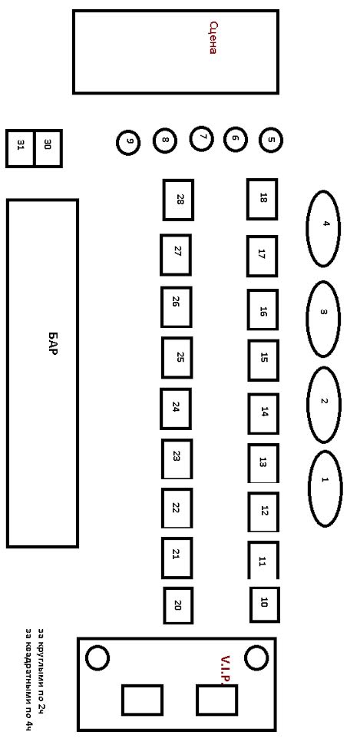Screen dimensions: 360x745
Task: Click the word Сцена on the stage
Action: pyautogui.click(x=213, y=38)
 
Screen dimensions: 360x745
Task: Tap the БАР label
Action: pyautogui.click(x=53, y=345)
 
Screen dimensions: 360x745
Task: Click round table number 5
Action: pyautogui.click(x=271, y=140)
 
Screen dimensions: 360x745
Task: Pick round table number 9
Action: pyautogui.click(x=128, y=143)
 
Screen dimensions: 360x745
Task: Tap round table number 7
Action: pyautogui.click(x=201, y=138)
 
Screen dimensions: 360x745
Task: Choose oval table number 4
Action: pyautogui.click(x=323, y=229)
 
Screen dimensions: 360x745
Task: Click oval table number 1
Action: pyautogui.click(x=325, y=488)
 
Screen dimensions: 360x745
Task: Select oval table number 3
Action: pyautogui.click(x=323, y=319)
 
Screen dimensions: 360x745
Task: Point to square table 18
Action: pyautogui.click(x=262, y=199)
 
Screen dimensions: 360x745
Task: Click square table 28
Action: pyautogui.click(x=178, y=200)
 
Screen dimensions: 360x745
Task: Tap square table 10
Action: pyautogui.click(x=265, y=604)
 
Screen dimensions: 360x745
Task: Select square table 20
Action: pyautogui.click(x=178, y=605)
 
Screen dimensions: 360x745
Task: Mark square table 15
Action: pyautogui.click(x=263, y=360)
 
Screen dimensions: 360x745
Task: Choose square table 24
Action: pyautogui.click(x=175, y=409)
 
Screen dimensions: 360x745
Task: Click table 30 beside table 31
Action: pyautogui.click(x=48, y=148)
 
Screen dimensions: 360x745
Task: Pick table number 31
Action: pyautogui.click(x=20, y=148)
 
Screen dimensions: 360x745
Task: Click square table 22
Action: pyautogui.click(x=177, y=508)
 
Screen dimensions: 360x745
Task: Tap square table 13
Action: pyautogui.click(x=263, y=463)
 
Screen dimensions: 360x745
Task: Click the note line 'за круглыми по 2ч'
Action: pyautogui.click(x=41, y=672)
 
